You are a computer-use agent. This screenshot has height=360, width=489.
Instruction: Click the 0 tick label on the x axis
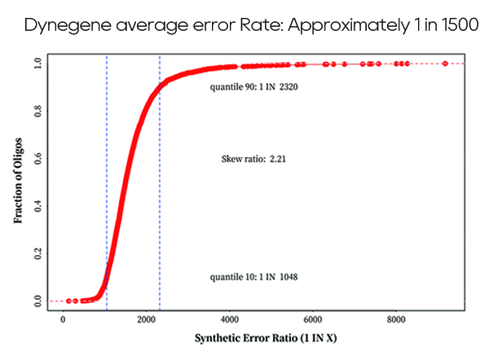click(64, 319)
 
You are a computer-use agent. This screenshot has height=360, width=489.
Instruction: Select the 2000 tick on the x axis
click(147, 319)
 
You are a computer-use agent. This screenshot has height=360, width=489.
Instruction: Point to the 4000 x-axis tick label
click(230, 319)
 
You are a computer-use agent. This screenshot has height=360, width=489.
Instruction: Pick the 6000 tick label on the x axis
click(313, 319)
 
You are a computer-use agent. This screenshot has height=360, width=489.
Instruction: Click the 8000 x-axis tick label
click(396, 319)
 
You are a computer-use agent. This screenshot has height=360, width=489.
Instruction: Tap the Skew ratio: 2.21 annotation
click(253, 160)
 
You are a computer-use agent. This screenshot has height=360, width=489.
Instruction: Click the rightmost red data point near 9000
click(445, 64)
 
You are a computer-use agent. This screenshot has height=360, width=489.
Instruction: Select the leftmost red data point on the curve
click(69, 301)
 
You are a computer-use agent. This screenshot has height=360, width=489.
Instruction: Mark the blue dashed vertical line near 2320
click(160, 187)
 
